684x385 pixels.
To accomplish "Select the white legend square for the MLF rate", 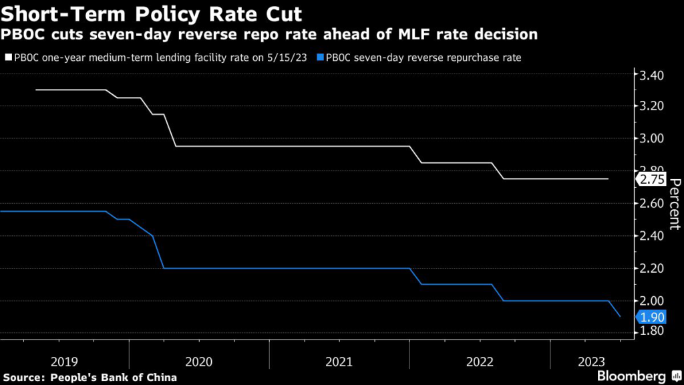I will tap(7, 57).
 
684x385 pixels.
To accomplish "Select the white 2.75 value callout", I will tap(652, 179).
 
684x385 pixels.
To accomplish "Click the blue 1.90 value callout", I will tap(652, 317).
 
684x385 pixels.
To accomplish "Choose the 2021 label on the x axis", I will tap(339, 362).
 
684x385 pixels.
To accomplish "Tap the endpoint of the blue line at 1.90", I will tap(621, 316).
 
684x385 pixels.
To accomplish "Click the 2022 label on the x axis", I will tap(480, 362).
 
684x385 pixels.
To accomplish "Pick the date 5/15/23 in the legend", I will tap(288, 57).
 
